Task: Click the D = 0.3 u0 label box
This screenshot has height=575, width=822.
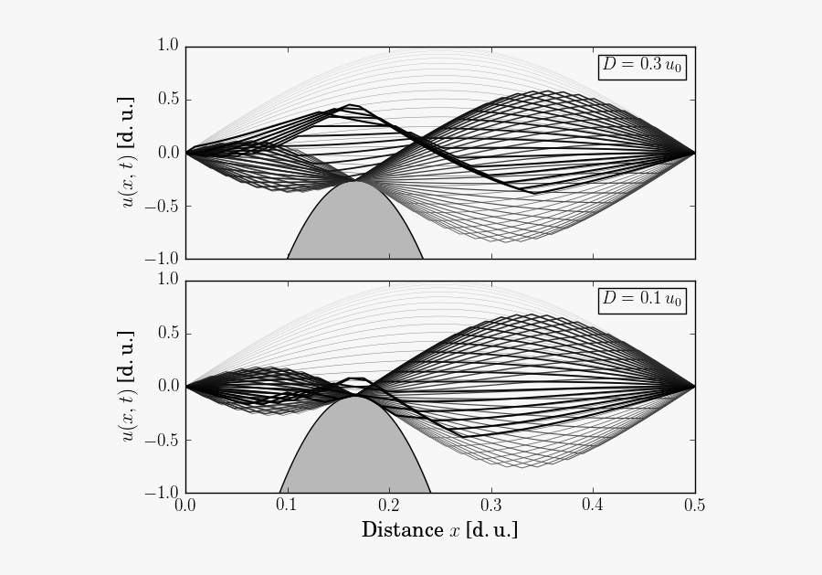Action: click(x=642, y=66)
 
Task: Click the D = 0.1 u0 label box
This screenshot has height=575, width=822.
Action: click(x=642, y=300)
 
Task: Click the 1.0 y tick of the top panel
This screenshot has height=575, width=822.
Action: click(x=167, y=45)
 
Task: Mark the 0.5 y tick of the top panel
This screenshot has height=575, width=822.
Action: click(x=167, y=99)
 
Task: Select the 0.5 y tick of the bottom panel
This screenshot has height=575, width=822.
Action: click(x=167, y=333)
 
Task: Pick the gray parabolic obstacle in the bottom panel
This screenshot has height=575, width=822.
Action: click(x=354, y=453)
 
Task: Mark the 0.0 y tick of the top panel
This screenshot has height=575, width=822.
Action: click(x=167, y=152)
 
